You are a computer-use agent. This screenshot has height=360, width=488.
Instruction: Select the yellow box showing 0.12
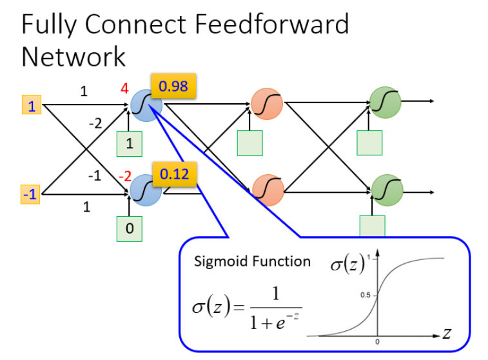tap(174, 174)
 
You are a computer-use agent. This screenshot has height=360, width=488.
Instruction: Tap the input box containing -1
tap(31, 194)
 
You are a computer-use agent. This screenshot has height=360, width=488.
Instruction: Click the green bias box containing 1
tap(130, 144)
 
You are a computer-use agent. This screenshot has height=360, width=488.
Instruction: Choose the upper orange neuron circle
tap(266, 104)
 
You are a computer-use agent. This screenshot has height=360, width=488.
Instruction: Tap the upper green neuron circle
tap(385, 103)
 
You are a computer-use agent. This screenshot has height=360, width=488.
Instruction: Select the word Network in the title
tap(73, 56)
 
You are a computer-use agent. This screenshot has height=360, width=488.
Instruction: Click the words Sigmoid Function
tap(252, 261)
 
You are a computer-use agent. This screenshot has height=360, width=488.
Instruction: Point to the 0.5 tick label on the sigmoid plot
tap(364, 295)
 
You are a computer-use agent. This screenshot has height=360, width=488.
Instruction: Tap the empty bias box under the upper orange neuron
tap(249, 143)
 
